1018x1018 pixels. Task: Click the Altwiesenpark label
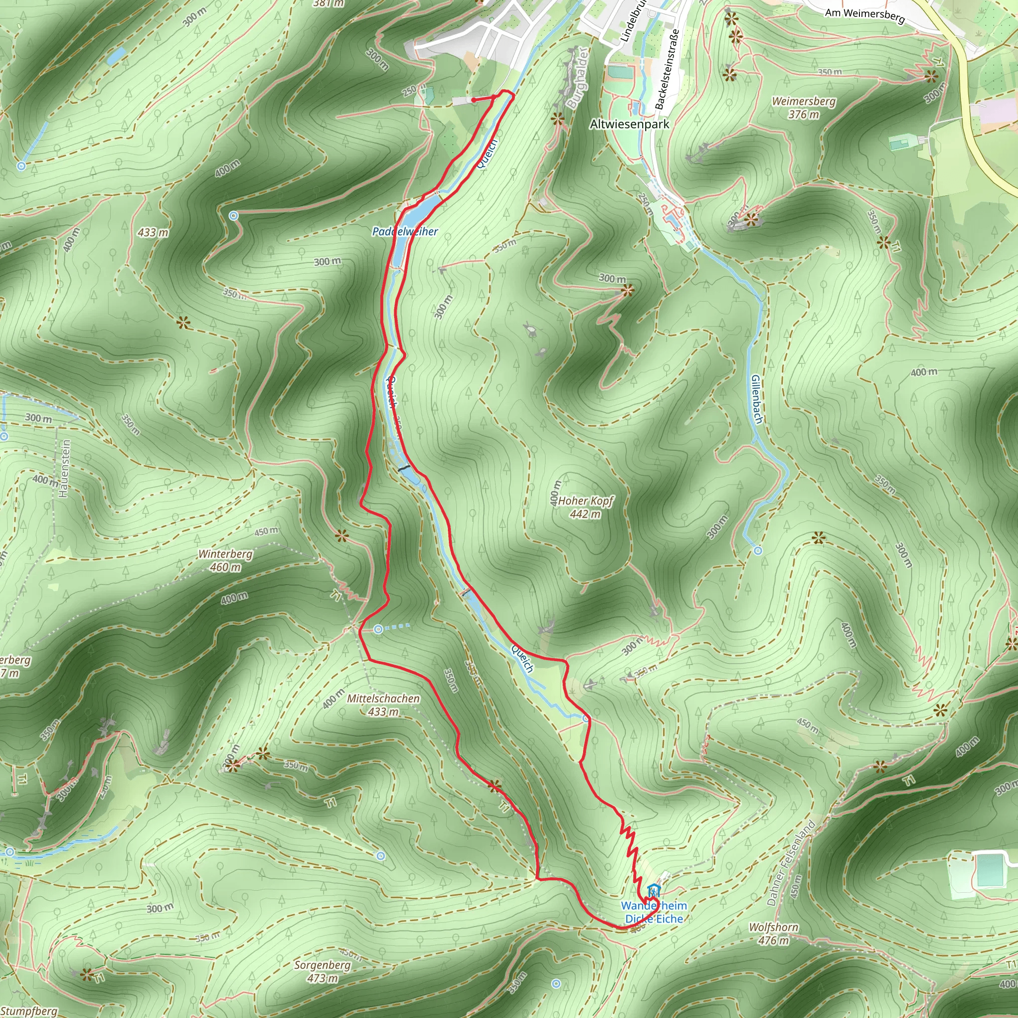click(x=629, y=124)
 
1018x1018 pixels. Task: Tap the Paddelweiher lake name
click(x=405, y=231)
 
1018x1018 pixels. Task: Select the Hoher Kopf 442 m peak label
click(x=586, y=507)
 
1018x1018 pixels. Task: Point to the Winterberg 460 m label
click(x=226, y=561)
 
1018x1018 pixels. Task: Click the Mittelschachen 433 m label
click(x=383, y=705)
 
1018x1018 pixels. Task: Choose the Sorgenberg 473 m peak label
click(x=323, y=972)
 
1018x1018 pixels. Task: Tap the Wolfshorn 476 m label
click(x=773, y=933)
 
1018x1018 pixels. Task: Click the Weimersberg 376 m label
click(x=804, y=107)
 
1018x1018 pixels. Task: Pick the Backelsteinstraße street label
click(x=667, y=69)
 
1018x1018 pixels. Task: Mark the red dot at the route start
click(x=473, y=99)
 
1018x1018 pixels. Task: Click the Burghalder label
click(x=577, y=78)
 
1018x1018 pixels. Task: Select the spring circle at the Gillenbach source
click(x=758, y=551)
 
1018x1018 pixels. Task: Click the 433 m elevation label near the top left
click(x=153, y=232)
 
